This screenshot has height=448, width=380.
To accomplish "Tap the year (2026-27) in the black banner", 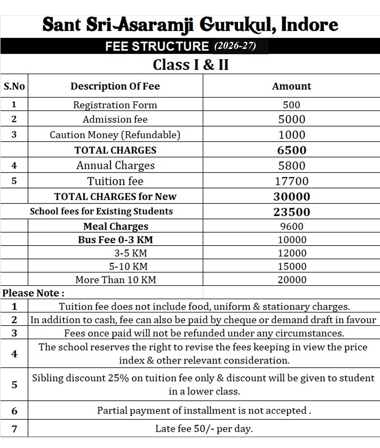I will (235, 46).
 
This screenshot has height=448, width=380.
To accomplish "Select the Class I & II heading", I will (190, 65).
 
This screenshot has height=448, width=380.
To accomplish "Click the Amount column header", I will (291, 86).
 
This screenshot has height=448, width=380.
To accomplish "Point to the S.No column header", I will (14, 86).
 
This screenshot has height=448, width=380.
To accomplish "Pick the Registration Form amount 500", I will (291, 105).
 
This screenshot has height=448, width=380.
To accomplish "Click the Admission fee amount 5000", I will (292, 119).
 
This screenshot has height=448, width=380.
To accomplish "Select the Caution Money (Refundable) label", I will (115, 135).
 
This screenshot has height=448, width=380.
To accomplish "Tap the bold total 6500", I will (292, 150).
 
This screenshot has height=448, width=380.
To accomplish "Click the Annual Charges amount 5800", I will (292, 166).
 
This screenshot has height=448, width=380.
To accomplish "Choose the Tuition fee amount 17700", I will (292, 181).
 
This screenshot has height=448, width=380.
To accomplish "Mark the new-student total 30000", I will (292, 197).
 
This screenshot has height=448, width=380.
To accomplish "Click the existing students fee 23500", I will (292, 212).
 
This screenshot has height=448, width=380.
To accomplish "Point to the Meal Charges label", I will (116, 226).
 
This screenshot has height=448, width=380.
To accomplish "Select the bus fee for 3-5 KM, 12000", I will (292, 253).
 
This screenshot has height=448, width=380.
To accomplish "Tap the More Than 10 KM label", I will (116, 280).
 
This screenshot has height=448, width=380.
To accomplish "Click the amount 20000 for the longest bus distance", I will (292, 280).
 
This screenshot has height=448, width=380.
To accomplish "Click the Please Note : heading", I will (33, 293).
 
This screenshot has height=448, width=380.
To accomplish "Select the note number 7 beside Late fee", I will (14, 429).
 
